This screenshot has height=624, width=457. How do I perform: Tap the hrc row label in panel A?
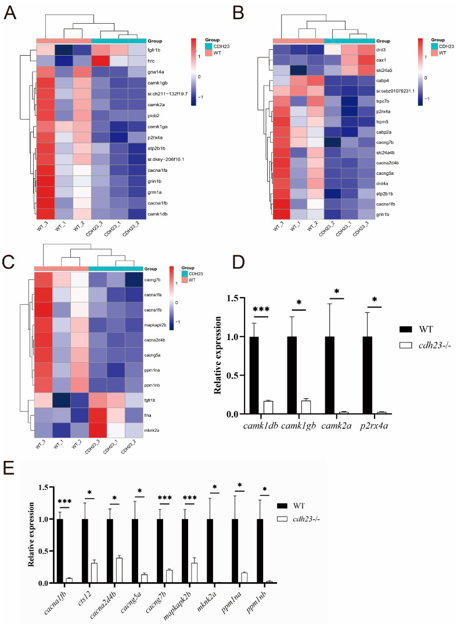[x=152, y=60]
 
